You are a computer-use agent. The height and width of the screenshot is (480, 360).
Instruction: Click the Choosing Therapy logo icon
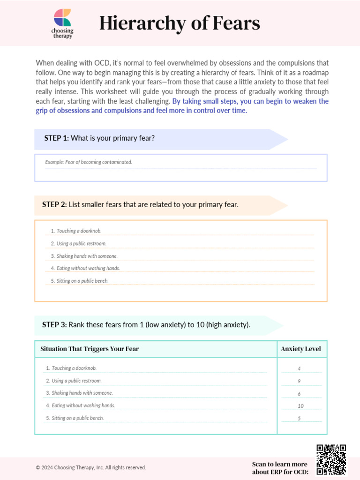[62, 18]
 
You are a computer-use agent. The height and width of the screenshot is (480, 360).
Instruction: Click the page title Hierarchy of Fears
[179, 23]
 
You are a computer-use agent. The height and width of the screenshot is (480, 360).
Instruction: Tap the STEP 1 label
[56, 138]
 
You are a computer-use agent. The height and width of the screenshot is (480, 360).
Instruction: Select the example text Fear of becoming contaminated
[89, 162]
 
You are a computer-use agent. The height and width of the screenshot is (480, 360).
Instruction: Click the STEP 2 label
[54, 204]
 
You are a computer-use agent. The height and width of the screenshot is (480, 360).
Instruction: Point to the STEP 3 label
[54, 324]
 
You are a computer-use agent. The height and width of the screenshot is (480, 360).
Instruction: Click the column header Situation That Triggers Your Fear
[90, 349]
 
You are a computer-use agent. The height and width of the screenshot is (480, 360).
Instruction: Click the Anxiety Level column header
[300, 349]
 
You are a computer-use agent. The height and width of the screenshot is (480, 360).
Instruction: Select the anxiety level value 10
[300, 406]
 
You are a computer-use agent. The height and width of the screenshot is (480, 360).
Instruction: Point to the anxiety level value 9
[299, 381]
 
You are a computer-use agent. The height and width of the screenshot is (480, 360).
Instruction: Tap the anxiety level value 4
[299, 369]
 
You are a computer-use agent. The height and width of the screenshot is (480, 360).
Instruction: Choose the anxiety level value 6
[299, 394]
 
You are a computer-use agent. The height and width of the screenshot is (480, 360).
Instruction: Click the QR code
[331, 459]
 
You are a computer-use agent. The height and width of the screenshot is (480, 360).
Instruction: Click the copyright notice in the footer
[91, 467]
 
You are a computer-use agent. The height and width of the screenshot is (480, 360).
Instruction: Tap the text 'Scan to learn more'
[280, 464]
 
